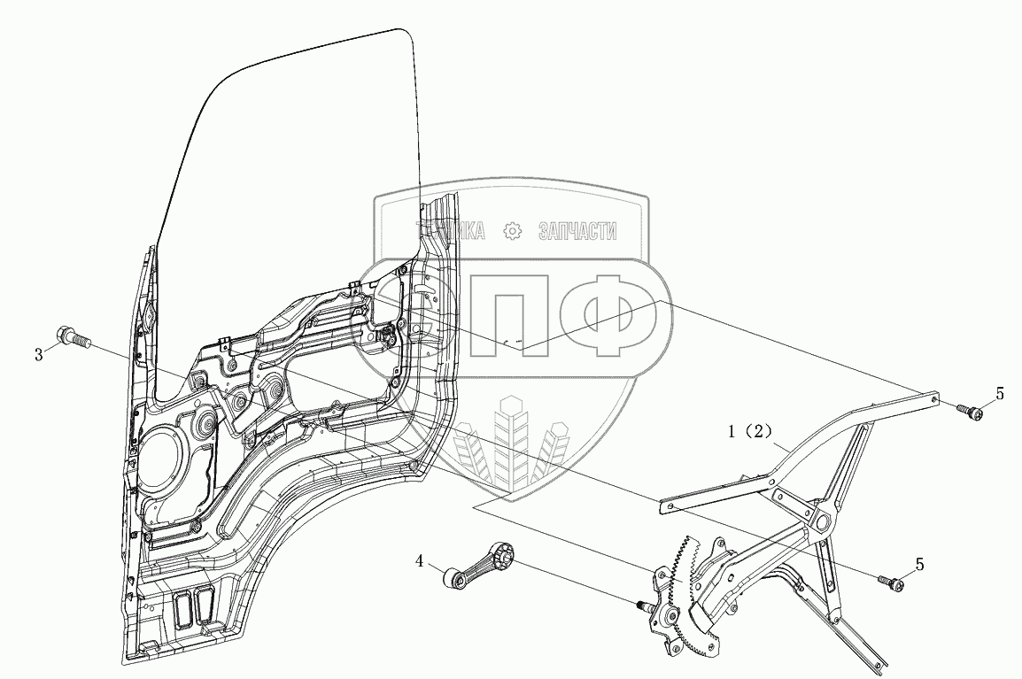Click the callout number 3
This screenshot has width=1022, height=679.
(x=39, y=355)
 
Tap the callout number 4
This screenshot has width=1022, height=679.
(x=421, y=560)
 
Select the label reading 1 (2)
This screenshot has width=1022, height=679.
(x=751, y=433)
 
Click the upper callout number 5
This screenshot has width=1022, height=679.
(x=999, y=395)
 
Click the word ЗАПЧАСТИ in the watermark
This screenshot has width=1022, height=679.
(x=577, y=232)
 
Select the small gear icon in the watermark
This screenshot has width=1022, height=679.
(x=512, y=232)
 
